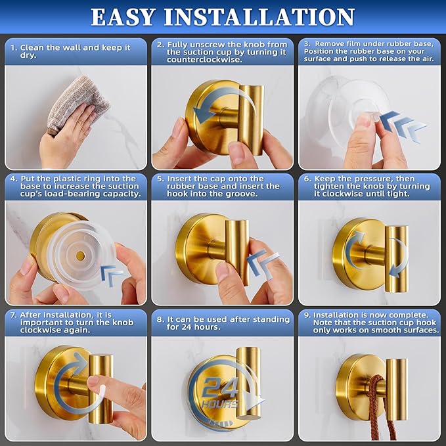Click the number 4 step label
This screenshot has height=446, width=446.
12,179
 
